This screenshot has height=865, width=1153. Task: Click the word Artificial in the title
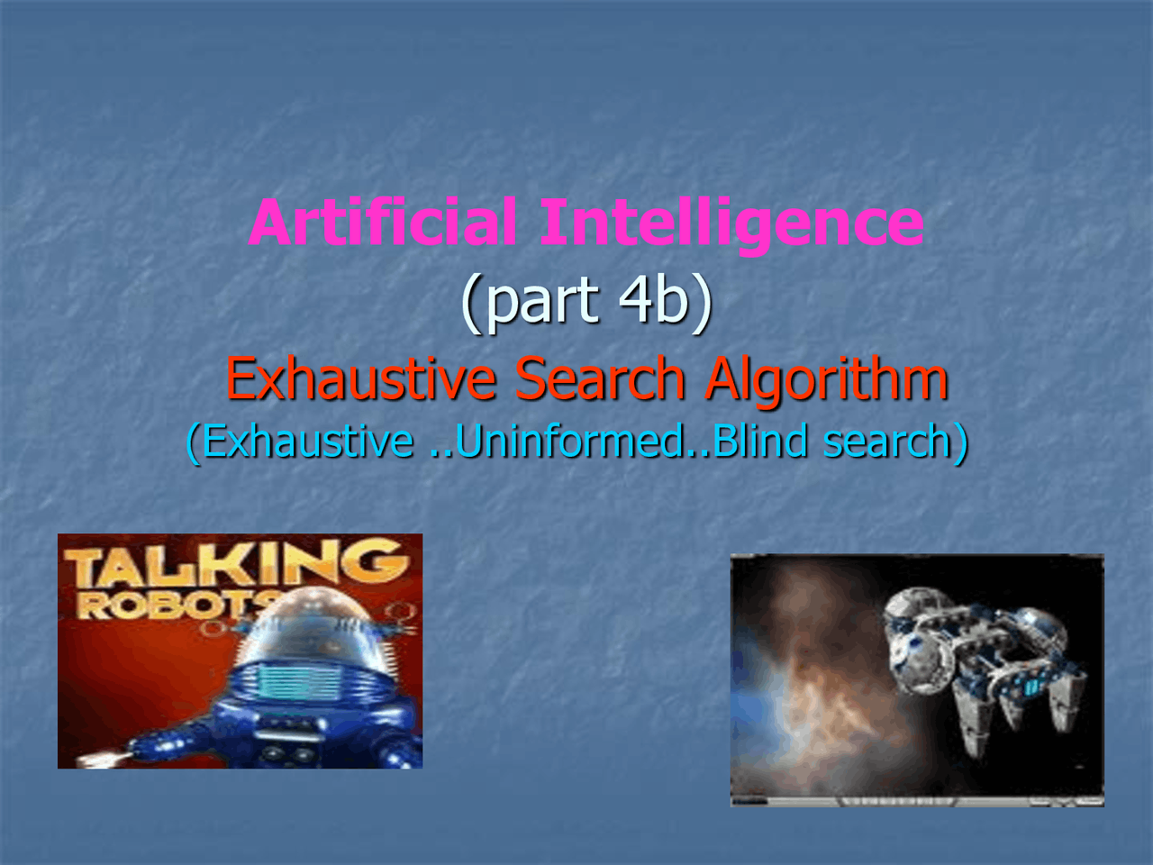(382, 223)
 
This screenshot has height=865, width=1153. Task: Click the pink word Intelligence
(731, 224)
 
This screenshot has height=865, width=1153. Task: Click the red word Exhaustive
(360, 378)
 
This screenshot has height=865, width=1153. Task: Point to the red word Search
(600, 378)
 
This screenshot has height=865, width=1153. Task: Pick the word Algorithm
(827, 380)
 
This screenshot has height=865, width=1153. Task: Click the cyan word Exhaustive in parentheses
(307, 442)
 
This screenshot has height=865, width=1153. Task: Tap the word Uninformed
(571, 442)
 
